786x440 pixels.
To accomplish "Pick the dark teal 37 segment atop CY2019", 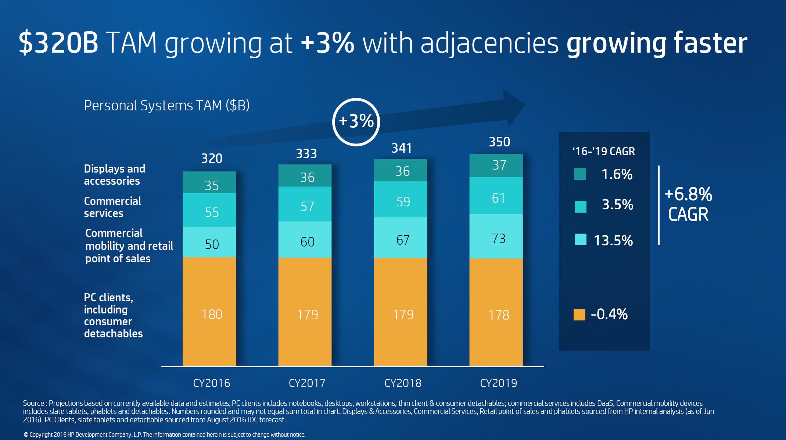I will pyautogui.click(x=496, y=166).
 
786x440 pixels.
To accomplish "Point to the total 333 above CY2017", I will pyautogui.click(x=306, y=153).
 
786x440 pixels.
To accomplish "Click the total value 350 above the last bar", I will pyautogui.click(x=499, y=142).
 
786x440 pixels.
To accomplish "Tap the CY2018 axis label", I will pyautogui.click(x=403, y=383).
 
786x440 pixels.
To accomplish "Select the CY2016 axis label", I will pyautogui.click(x=212, y=383).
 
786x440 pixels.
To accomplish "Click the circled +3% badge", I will pyautogui.click(x=356, y=122).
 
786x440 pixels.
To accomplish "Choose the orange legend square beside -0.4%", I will pyautogui.click(x=579, y=315).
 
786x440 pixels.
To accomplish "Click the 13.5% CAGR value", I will pyautogui.click(x=613, y=240).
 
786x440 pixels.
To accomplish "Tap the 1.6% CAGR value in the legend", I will pyautogui.click(x=617, y=174).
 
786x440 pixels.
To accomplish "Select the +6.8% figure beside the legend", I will pyautogui.click(x=688, y=194).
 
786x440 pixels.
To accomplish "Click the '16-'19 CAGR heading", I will pyautogui.click(x=604, y=151).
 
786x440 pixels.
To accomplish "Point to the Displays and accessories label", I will pyautogui.click(x=114, y=175).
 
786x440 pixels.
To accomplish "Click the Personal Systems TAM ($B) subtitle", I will pyautogui.click(x=167, y=106).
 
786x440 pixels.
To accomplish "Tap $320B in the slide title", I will pyautogui.click(x=58, y=43).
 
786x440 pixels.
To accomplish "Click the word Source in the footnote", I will pyautogui.click(x=33, y=403).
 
